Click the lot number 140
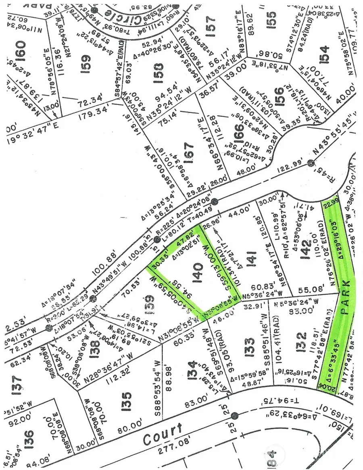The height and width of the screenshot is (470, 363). [198, 267]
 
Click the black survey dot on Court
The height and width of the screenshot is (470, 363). [235, 415]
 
